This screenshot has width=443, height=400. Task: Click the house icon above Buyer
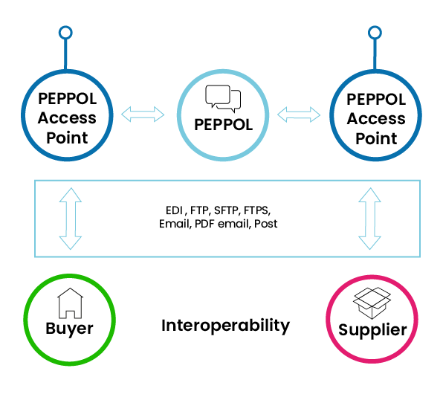click(70, 303)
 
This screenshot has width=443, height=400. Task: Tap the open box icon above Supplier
click(372, 303)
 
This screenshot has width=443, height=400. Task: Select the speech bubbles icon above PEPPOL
click(223, 98)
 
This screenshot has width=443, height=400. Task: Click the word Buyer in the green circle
click(70, 329)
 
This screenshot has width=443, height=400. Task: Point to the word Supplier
click(372, 330)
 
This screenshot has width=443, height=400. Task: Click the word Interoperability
click(225, 326)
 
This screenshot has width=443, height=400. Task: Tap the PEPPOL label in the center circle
click(223, 125)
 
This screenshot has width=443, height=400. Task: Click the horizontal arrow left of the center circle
click(143, 114)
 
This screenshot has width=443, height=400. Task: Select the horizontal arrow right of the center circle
click(299, 114)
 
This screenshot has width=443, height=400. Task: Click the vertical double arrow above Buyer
click(71, 219)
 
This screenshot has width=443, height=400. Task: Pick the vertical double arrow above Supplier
click(369, 219)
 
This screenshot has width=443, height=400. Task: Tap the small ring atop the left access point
click(65, 33)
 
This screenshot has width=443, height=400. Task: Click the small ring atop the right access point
click(375, 33)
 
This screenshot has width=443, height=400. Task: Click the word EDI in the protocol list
click(175, 210)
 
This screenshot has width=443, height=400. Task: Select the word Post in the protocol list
click(266, 224)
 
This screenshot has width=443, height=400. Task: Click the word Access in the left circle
click(67, 118)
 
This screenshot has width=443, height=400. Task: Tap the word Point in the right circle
click(376, 138)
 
